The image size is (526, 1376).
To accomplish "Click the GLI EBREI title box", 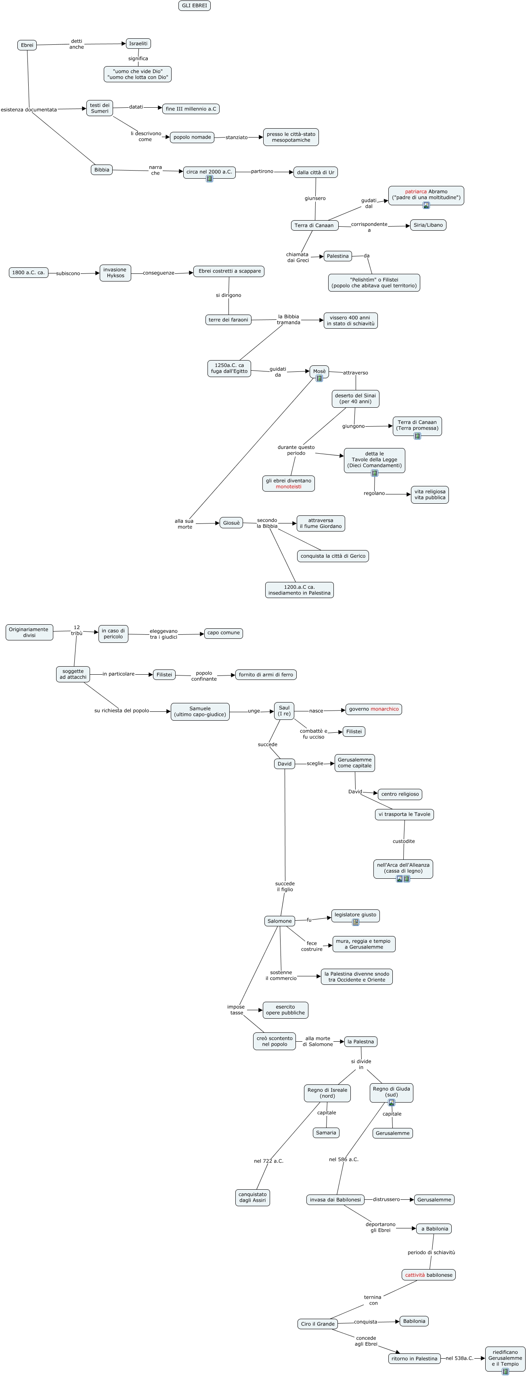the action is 194,5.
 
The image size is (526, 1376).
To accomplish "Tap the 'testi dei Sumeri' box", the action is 99,108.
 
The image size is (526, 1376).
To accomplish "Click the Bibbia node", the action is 102,170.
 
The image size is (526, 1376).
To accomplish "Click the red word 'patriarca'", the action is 415,191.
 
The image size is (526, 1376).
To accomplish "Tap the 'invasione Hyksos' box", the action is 115,273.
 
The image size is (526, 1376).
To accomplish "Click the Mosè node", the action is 319,372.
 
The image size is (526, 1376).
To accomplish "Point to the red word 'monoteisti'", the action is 289,487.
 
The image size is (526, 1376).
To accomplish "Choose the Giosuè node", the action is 231,523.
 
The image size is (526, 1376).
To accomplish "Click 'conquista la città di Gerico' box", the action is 333,556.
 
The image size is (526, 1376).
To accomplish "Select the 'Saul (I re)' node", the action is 284,711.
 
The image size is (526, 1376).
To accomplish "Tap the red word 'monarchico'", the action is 384,709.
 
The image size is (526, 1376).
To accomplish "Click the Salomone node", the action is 280,921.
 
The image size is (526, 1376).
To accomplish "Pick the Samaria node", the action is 326,1132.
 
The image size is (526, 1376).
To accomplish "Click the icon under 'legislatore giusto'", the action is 356,922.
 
